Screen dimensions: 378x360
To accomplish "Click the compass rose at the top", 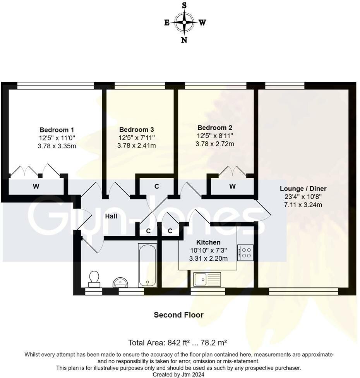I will click(184, 22).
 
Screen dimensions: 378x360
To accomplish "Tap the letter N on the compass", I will click(184, 40).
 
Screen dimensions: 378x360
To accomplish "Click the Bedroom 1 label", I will click(57, 130).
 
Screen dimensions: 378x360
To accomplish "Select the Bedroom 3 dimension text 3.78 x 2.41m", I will click(137, 146).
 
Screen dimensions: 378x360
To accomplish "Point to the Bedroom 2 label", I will click(215, 127).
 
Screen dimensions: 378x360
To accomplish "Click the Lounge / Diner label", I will click(303, 189).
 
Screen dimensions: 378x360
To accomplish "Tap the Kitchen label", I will click(208, 242).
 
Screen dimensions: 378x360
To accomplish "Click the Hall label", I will click(111, 216).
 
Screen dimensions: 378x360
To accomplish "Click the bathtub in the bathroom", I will click(147, 265).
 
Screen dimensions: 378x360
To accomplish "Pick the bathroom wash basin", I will click(120, 282).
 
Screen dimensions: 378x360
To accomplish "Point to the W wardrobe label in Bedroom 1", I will click(36, 187).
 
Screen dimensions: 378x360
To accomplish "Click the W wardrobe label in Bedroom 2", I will click(232, 187).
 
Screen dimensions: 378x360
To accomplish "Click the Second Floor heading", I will click(178, 315).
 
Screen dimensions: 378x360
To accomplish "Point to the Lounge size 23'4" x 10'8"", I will click(303, 197).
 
